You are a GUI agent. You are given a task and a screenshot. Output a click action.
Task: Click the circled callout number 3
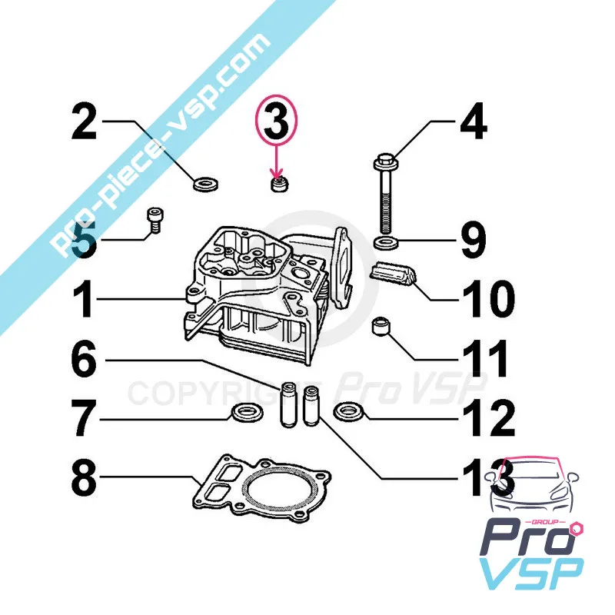click(x=277, y=121)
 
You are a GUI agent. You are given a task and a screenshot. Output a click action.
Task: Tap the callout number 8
click(x=84, y=477)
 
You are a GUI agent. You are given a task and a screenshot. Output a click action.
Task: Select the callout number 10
click(x=489, y=299)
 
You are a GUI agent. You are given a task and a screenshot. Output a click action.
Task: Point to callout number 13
click(x=489, y=477)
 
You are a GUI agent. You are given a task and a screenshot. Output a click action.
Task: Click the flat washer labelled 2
click(x=206, y=184)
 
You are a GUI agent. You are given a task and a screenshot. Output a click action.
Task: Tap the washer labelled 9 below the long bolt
click(x=387, y=243)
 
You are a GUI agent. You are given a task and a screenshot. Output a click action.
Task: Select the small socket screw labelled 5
click(x=155, y=221)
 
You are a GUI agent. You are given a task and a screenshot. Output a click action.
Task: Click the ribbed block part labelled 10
click(x=394, y=273)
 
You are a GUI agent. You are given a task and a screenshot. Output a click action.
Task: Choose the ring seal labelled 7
click(x=246, y=414)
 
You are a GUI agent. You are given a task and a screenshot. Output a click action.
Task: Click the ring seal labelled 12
click(x=349, y=411)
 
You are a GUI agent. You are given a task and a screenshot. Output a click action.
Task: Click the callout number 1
click(x=83, y=299)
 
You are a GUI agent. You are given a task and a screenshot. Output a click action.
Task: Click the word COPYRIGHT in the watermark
click(x=224, y=393)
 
